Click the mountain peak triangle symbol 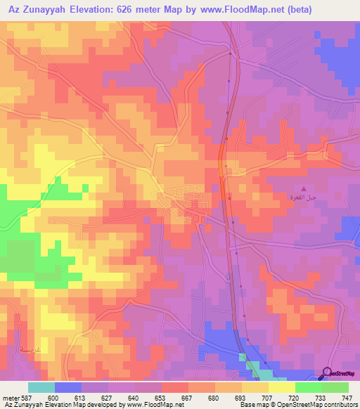(x=304, y=188)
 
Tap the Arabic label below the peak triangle (x=304, y=198)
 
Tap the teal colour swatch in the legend (x=41, y=387)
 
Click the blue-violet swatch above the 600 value (x=68, y=387)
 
